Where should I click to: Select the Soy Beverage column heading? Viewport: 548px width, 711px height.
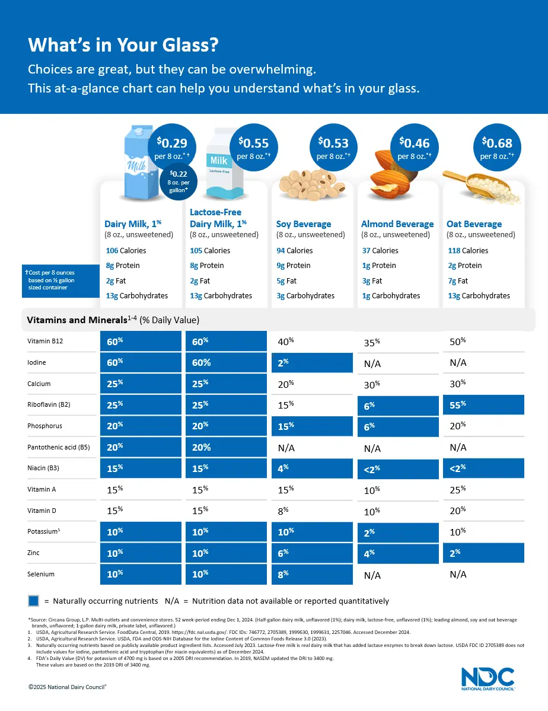tap(304, 224)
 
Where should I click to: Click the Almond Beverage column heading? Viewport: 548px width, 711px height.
tap(397, 224)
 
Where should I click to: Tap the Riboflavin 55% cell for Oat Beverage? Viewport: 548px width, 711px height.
tap(483, 404)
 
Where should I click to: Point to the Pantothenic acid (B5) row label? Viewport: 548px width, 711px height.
tap(58, 447)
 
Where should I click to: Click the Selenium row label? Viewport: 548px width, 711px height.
tap(41, 574)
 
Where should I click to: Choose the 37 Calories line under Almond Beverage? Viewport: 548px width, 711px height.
tap(380, 251)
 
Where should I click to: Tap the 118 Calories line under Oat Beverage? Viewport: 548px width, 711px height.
tap(468, 251)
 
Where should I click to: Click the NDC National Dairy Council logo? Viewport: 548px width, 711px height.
tap(488, 678)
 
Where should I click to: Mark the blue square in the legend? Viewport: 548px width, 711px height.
tap(34, 601)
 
